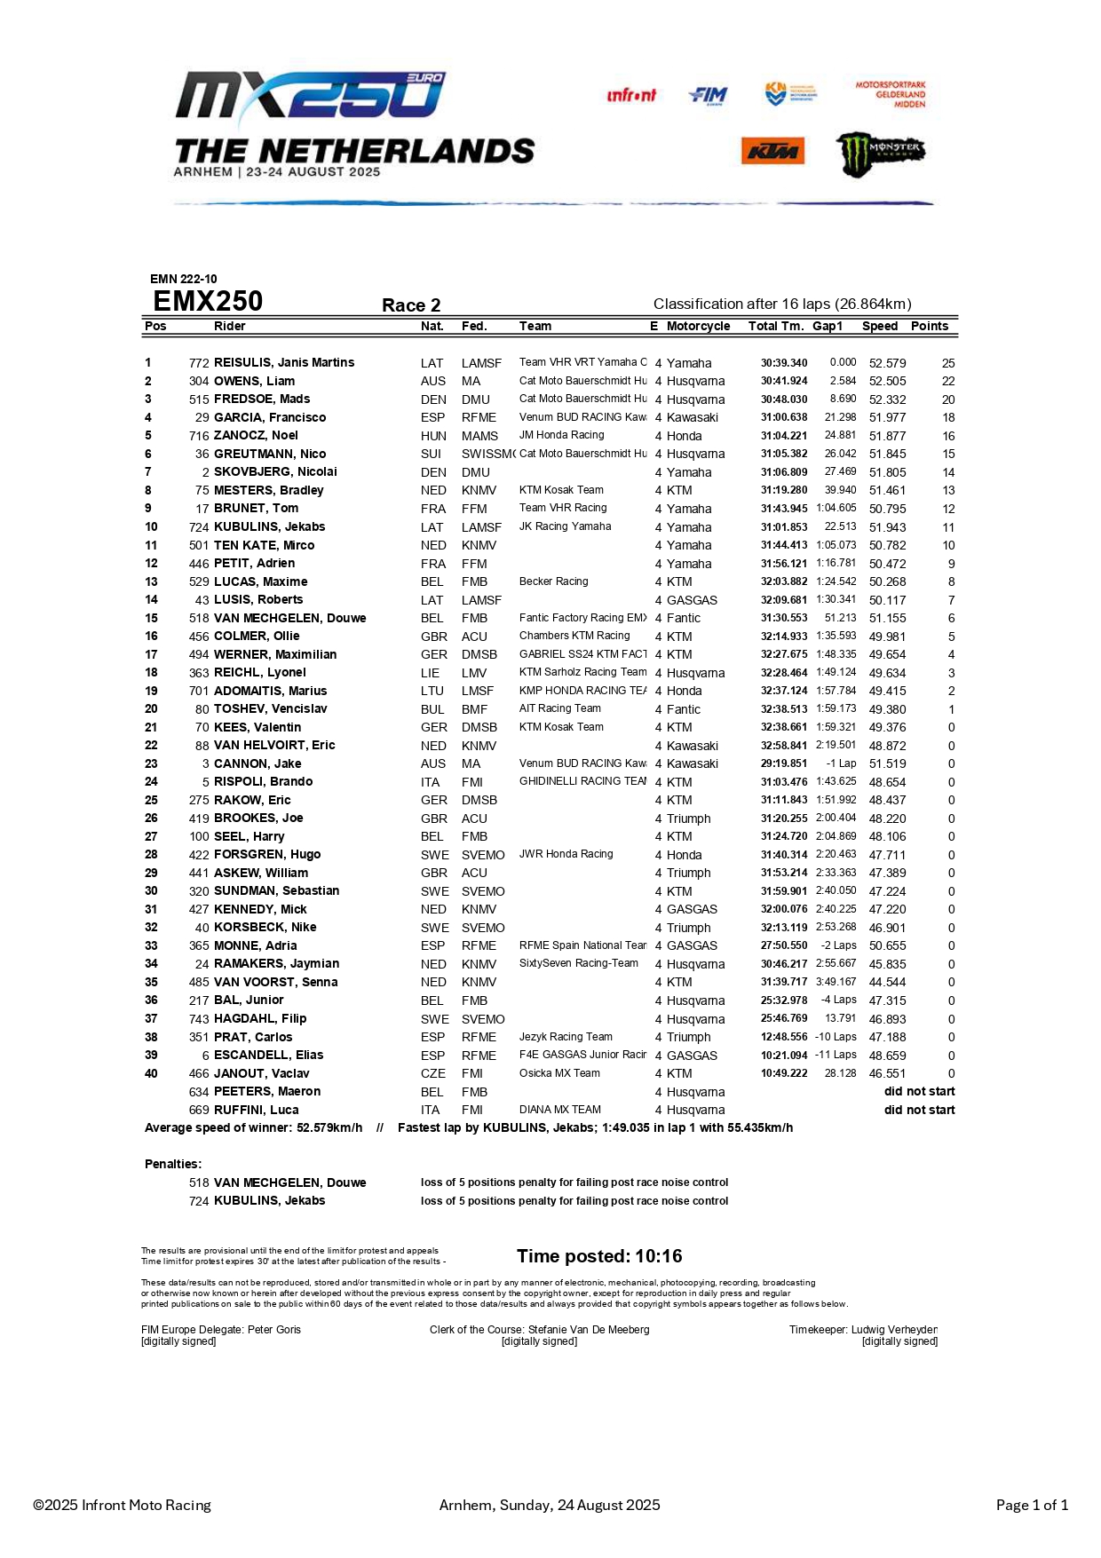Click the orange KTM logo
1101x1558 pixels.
pos(772,151)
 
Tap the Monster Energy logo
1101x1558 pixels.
pos(880,153)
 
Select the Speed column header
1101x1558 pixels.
pos(879,326)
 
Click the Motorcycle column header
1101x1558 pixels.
pos(698,326)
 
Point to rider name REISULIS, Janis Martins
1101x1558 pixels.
pos(284,362)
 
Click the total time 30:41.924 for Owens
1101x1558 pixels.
pos(784,381)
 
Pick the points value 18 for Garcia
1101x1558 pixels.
pos(948,417)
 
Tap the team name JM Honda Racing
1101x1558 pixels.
pos(561,435)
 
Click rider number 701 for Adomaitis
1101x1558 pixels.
pos(199,691)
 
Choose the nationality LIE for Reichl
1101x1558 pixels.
pos(432,673)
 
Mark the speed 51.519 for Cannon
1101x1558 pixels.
pos(887,763)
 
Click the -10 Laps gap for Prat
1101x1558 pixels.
pos(836,1037)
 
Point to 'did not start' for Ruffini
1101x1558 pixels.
pos(919,1110)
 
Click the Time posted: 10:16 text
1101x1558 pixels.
pos(599,1256)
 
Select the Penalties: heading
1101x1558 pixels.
pos(173,1164)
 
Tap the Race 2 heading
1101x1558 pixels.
pos(411,305)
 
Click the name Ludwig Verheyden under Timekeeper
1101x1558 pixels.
pos(894,1330)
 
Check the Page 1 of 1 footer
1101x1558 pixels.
pos(1032,1505)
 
